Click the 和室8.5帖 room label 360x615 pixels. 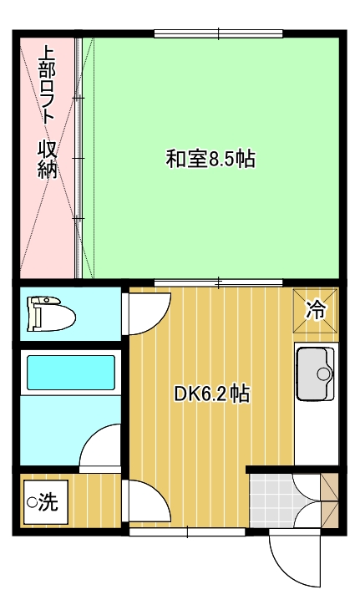click(x=210, y=160)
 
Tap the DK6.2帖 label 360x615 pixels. click(x=212, y=394)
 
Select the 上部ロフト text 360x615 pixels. click(x=48, y=84)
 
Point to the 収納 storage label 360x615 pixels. click(x=48, y=160)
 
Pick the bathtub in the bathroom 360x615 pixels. click(x=71, y=373)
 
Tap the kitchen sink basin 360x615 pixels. click(x=315, y=374)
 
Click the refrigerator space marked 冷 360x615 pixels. click(x=316, y=310)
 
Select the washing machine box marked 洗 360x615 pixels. click(x=46, y=501)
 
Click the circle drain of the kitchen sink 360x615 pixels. click(x=324, y=374)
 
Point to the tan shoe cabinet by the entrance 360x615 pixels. click(x=329, y=501)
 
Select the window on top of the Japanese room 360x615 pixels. click(x=219, y=34)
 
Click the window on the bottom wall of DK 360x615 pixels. click(x=187, y=532)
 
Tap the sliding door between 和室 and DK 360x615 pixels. click(x=219, y=282)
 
